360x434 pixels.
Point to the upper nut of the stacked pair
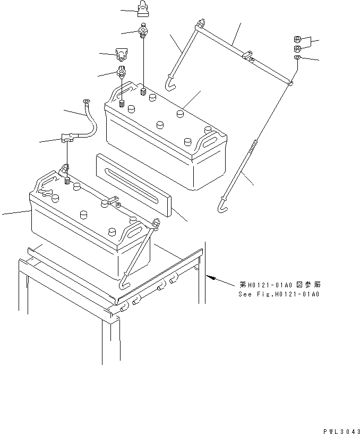pos(298,39)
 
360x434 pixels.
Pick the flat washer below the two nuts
pos(298,58)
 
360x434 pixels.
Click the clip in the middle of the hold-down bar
pos(247,55)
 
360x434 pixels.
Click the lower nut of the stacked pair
pos(298,49)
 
